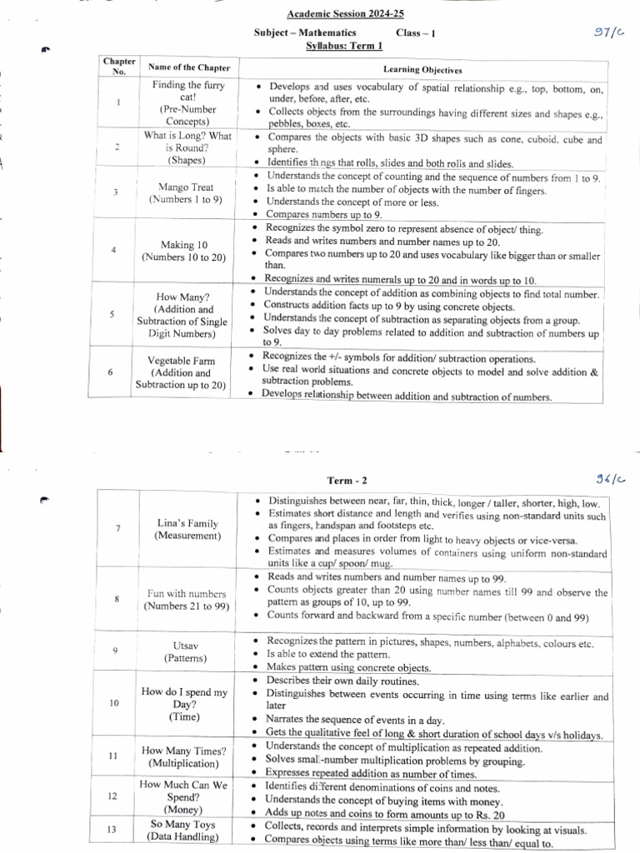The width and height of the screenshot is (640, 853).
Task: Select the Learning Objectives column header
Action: tap(422, 70)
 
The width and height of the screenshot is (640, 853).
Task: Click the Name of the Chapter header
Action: tap(188, 67)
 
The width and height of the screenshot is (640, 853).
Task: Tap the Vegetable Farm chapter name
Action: tap(181, 361)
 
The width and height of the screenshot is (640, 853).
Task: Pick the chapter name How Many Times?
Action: tap(183, 751)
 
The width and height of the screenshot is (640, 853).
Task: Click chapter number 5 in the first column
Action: tap(112, 314)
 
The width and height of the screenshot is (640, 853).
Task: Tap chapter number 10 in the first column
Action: tap(115, 703)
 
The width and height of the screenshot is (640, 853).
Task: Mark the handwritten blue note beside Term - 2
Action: tap(609, 478)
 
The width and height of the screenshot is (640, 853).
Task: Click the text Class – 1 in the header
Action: tap(415, 32)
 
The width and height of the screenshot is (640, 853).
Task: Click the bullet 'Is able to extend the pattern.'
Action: tap(328, 654)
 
